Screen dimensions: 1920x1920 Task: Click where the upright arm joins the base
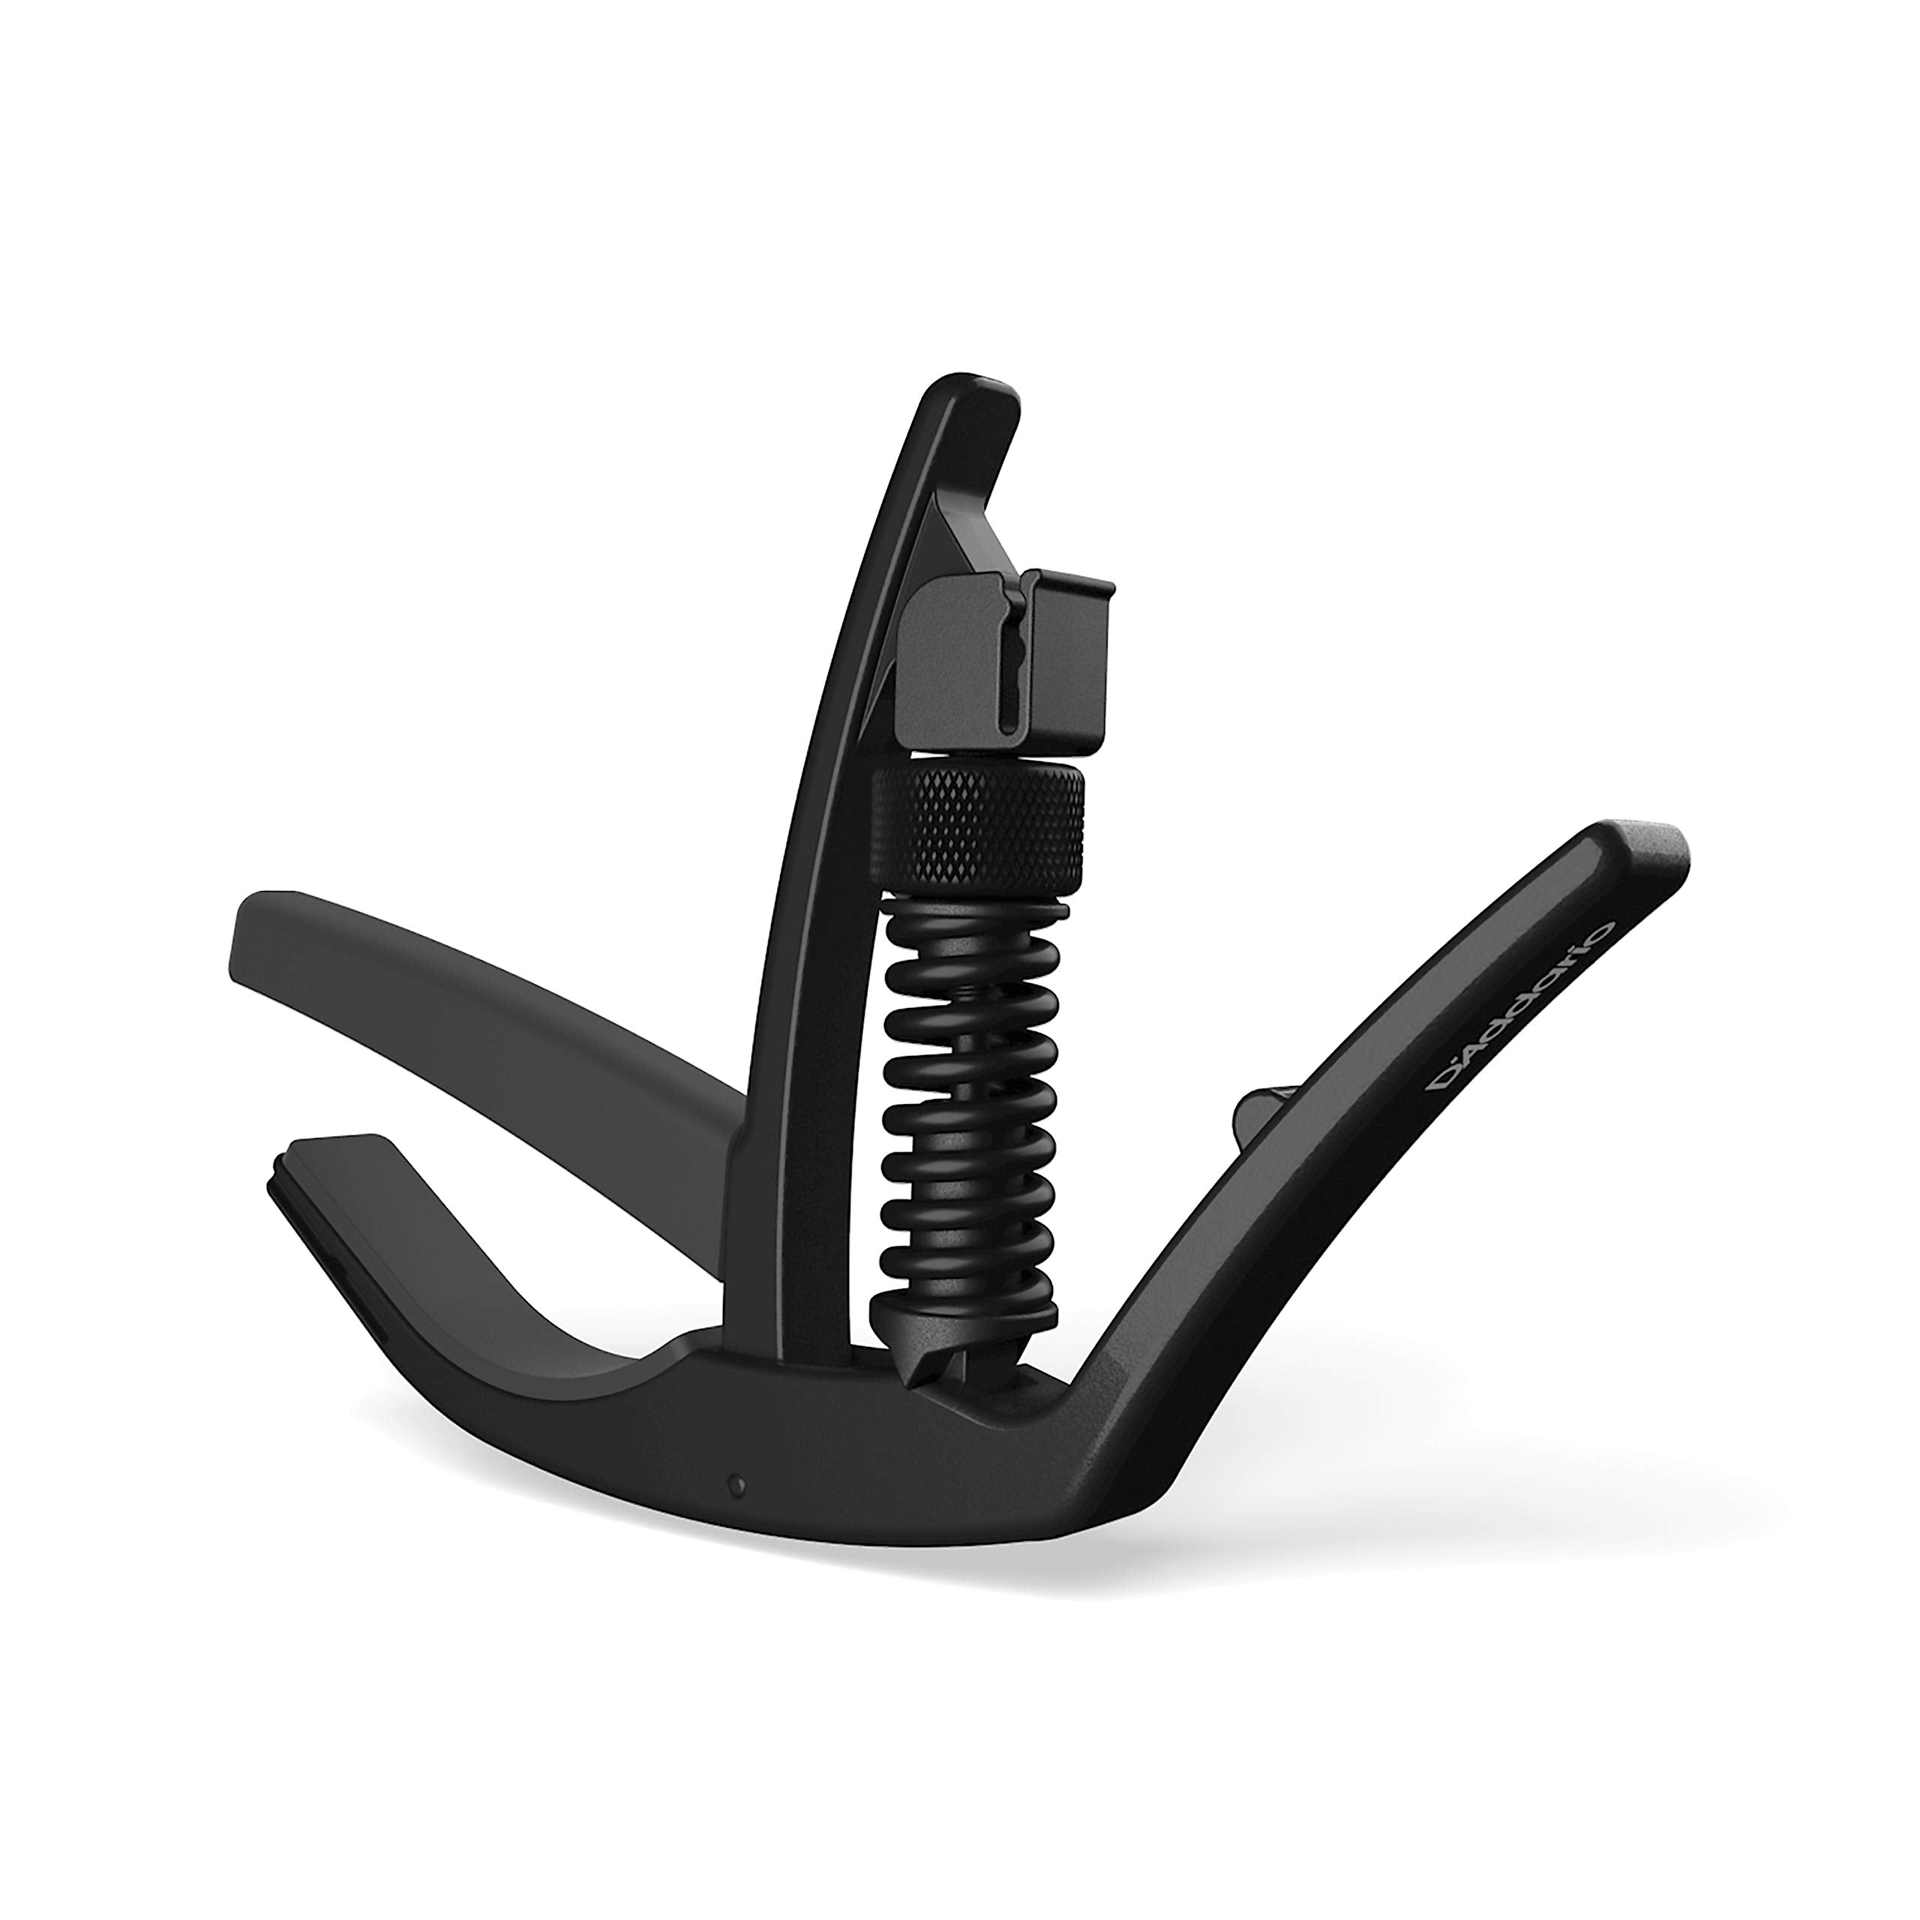tap(765, 1351)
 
